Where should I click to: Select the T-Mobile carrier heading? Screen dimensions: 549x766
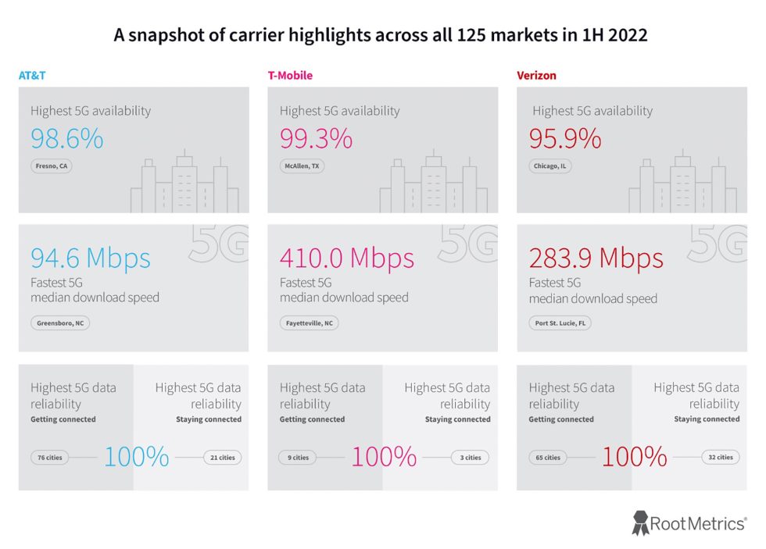click(x=291, y=76)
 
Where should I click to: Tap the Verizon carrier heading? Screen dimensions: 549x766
click(x=536, y=76)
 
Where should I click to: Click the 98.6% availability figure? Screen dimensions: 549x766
click(x=67, y=139)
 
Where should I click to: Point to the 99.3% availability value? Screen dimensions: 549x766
click(x=316, y=139)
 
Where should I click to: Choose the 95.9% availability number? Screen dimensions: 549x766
click(x=565, y=139)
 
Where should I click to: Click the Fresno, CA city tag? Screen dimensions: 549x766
click(x=52, y=166)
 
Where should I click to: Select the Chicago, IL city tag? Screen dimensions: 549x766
click(x=550, y=166)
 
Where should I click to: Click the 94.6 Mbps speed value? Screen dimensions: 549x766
click(x=91, y=258)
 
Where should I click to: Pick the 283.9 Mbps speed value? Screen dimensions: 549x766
click(x=596, y=258)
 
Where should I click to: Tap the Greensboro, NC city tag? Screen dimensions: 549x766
click(x=60, y=323)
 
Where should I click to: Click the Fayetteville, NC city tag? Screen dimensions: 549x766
click(x=309, y=323)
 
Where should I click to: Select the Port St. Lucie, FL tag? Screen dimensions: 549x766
click(x=560, y=323)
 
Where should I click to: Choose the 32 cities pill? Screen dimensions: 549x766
click(x=719, y=458)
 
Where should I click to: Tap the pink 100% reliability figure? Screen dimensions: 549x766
click(x=384, y=457)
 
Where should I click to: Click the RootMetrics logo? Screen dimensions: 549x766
click(x=689, y=523)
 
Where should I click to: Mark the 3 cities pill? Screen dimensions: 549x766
click(x=471, y=458)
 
